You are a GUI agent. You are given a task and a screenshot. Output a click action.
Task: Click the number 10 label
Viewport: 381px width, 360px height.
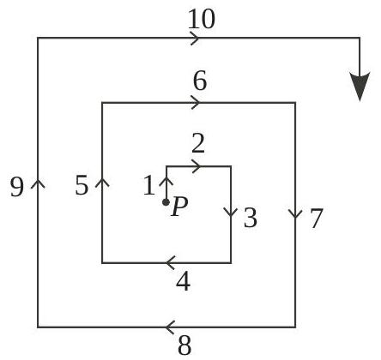[x=201, y=19]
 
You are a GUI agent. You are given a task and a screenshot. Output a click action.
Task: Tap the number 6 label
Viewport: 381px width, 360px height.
[x=200, y=81]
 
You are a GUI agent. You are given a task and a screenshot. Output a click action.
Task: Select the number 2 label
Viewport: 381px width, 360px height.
[x=198, y=143]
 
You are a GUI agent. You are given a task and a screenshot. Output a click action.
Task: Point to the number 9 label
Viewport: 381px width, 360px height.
[x=16, y=187]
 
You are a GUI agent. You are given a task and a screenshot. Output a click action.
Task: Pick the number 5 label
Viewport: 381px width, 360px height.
[x=82, y=185]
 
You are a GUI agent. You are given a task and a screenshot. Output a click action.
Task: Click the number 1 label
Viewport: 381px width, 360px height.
[x=149, y=185]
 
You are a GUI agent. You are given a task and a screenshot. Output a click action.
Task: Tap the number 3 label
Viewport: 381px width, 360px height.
[x=251, y=218]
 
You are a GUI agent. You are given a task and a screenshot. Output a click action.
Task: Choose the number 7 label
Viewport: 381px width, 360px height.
[x=317, y=219]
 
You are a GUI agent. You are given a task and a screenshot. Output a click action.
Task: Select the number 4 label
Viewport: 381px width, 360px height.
[x=184, y=281]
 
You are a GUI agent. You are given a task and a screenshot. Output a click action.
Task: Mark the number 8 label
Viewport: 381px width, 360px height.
[x=184, y=345]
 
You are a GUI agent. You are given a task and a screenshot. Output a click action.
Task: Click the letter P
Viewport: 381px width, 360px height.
[x=179, y=207]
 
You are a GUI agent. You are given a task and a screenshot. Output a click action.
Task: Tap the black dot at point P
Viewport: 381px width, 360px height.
[x=166, y=202]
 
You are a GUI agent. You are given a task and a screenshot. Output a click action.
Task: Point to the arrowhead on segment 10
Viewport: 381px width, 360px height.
[x=195, y=38]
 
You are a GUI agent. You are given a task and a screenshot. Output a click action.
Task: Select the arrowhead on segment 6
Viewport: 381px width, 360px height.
[x=196, y=102]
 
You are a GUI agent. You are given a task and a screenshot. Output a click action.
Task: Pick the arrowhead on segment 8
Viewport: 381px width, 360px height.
[x=170, y=327]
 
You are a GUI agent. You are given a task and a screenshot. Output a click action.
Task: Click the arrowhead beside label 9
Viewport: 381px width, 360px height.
[x=38, y=183]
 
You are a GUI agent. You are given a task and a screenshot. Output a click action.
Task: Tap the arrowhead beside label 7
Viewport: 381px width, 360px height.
[x=295, y=214]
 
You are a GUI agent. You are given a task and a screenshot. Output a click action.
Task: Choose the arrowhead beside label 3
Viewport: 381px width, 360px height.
[x=231, y=213]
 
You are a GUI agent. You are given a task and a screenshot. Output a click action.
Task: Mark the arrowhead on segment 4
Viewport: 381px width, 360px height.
[x=170, y=262]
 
